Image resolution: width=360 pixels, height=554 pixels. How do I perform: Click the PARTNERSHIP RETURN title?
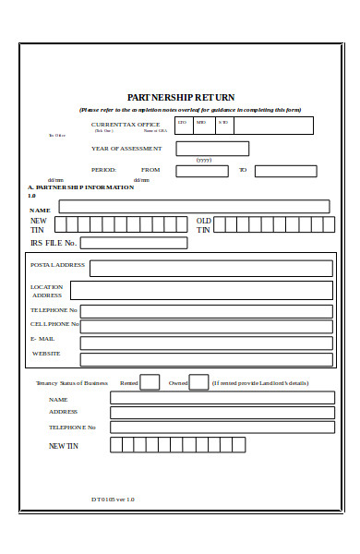(x=180, y=97)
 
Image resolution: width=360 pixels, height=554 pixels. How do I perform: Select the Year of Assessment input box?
(x=212, y=149)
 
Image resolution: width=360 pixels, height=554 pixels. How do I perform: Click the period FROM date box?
(x=201, y=171)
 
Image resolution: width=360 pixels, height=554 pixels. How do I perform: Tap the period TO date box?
(x=285, y=171)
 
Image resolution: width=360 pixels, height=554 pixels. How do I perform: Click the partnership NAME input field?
(x=194, y=207)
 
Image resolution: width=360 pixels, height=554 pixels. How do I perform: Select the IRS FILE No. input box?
(x=133, y=243)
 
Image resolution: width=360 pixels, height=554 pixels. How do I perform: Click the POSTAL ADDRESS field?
(x=210, y=268)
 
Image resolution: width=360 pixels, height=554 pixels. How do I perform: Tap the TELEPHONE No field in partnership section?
(x=206, y=311)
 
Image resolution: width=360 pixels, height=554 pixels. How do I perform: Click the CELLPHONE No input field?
(x=206, y=326)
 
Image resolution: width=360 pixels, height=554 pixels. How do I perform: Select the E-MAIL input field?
(x=206, y=343)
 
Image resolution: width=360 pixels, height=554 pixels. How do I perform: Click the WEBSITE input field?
(x=206, y=359)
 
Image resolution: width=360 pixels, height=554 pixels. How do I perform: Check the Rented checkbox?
(x=150, y=382)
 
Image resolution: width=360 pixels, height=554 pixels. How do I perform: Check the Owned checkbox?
(x=198, y=382)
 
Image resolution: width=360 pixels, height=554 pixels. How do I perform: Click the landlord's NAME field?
(x=222, y=398)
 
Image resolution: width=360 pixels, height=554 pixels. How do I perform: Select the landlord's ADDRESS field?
(x=222, y=413)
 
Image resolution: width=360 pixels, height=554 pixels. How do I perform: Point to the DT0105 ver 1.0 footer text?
(x=113, y=500)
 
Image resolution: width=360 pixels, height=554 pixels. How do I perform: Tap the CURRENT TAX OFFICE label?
(x=126, y=125)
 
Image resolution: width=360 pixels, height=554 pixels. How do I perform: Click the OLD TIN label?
(x=204, y=225)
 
